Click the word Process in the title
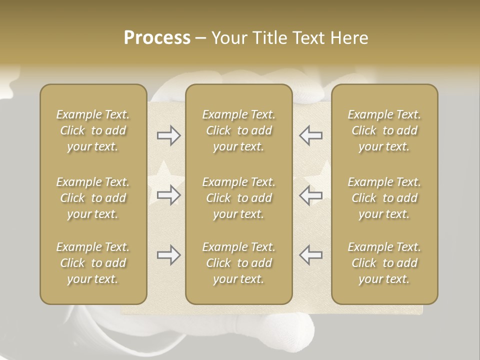tap(157, 38)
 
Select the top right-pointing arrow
tap(168, 135)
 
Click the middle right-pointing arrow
tap(168, 195)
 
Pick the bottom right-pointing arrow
tap(168, 255)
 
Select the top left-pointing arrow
tap(311, 135)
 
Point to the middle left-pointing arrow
tap(311, 195)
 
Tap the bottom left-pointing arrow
tap(311, 255)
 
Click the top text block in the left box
tap(93, 130)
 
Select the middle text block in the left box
tap(93, 198)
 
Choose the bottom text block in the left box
tap(93, 263)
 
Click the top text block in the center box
tap(239, 130)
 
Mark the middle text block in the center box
tap(239, 198)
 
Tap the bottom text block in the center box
tap(239, 263)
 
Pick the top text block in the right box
tap(384, 130)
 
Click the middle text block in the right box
tap(384, 198)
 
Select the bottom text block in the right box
tap(384, 263)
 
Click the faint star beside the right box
tap(320, 177)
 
